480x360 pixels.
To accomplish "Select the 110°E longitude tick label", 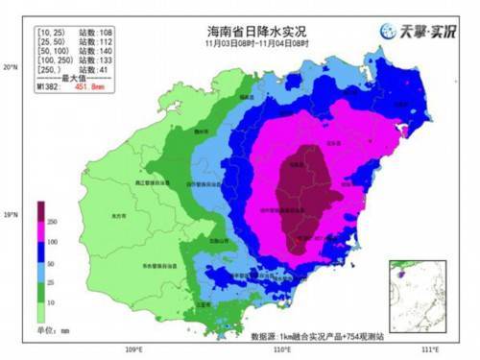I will (281, 349).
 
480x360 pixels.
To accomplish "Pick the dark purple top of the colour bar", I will (43, 209).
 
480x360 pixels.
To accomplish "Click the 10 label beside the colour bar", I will (54, 301).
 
